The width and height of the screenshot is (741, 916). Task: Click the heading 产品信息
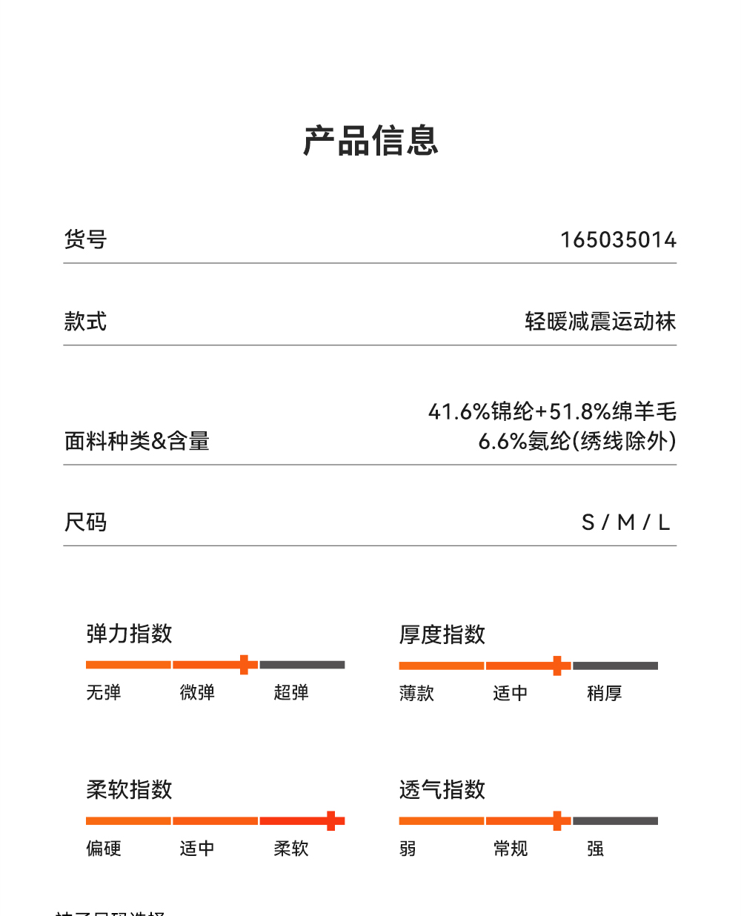tap(370, 141)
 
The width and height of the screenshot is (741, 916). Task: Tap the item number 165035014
tap(618, 240)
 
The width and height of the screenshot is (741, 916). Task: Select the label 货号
tap(85, 239)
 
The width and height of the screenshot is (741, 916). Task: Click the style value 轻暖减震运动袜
tap(600, 322)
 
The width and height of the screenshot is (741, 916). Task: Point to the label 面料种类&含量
tap(137, 442)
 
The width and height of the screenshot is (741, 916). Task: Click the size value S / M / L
tap(625, 523)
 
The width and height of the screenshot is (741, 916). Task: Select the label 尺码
tap(85, 522)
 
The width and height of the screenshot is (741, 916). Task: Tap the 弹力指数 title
tap(129, 634)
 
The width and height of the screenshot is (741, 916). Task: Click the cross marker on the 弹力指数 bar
tap(244, 665)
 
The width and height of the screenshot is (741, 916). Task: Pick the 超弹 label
tap(290, 693)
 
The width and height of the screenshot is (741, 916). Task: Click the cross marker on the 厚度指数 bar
tap(557, 666)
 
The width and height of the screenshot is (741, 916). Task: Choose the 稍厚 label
tap(604, 694)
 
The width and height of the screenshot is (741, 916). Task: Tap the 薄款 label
tap(416, 694)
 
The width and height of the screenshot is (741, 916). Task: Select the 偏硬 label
tap(104, 849)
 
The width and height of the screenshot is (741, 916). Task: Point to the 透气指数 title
tap(442, 790)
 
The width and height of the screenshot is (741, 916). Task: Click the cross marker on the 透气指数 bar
tap(557, 820)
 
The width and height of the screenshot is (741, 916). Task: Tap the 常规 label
tap(511, 849)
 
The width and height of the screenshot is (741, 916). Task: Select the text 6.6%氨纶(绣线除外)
tap(577, 442)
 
